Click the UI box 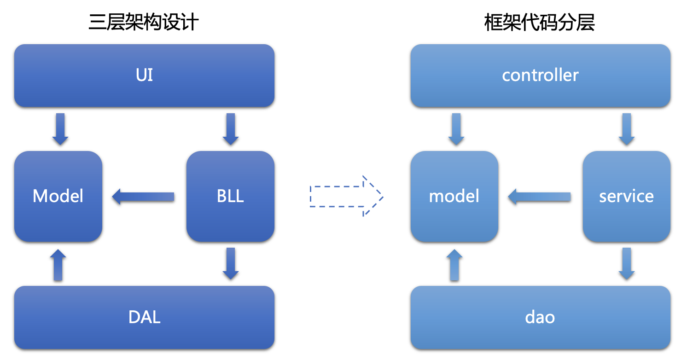[144, 75]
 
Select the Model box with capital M [58, 196]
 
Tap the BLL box [230, 196]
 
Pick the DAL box [144, 317]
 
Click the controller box [540, 75]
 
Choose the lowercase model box [454, 196]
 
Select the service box [626, 196]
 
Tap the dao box [540, 317]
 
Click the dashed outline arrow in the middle [346, 196]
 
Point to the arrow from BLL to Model [143, 197]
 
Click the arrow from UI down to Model [60, 129]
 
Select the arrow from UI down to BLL [231, 129]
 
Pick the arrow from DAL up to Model [58, 265]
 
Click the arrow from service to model [539, 197]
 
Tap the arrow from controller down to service [627, 129]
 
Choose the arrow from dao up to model [454, 265]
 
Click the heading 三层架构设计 [144, 22]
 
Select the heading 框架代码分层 [540, 22]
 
